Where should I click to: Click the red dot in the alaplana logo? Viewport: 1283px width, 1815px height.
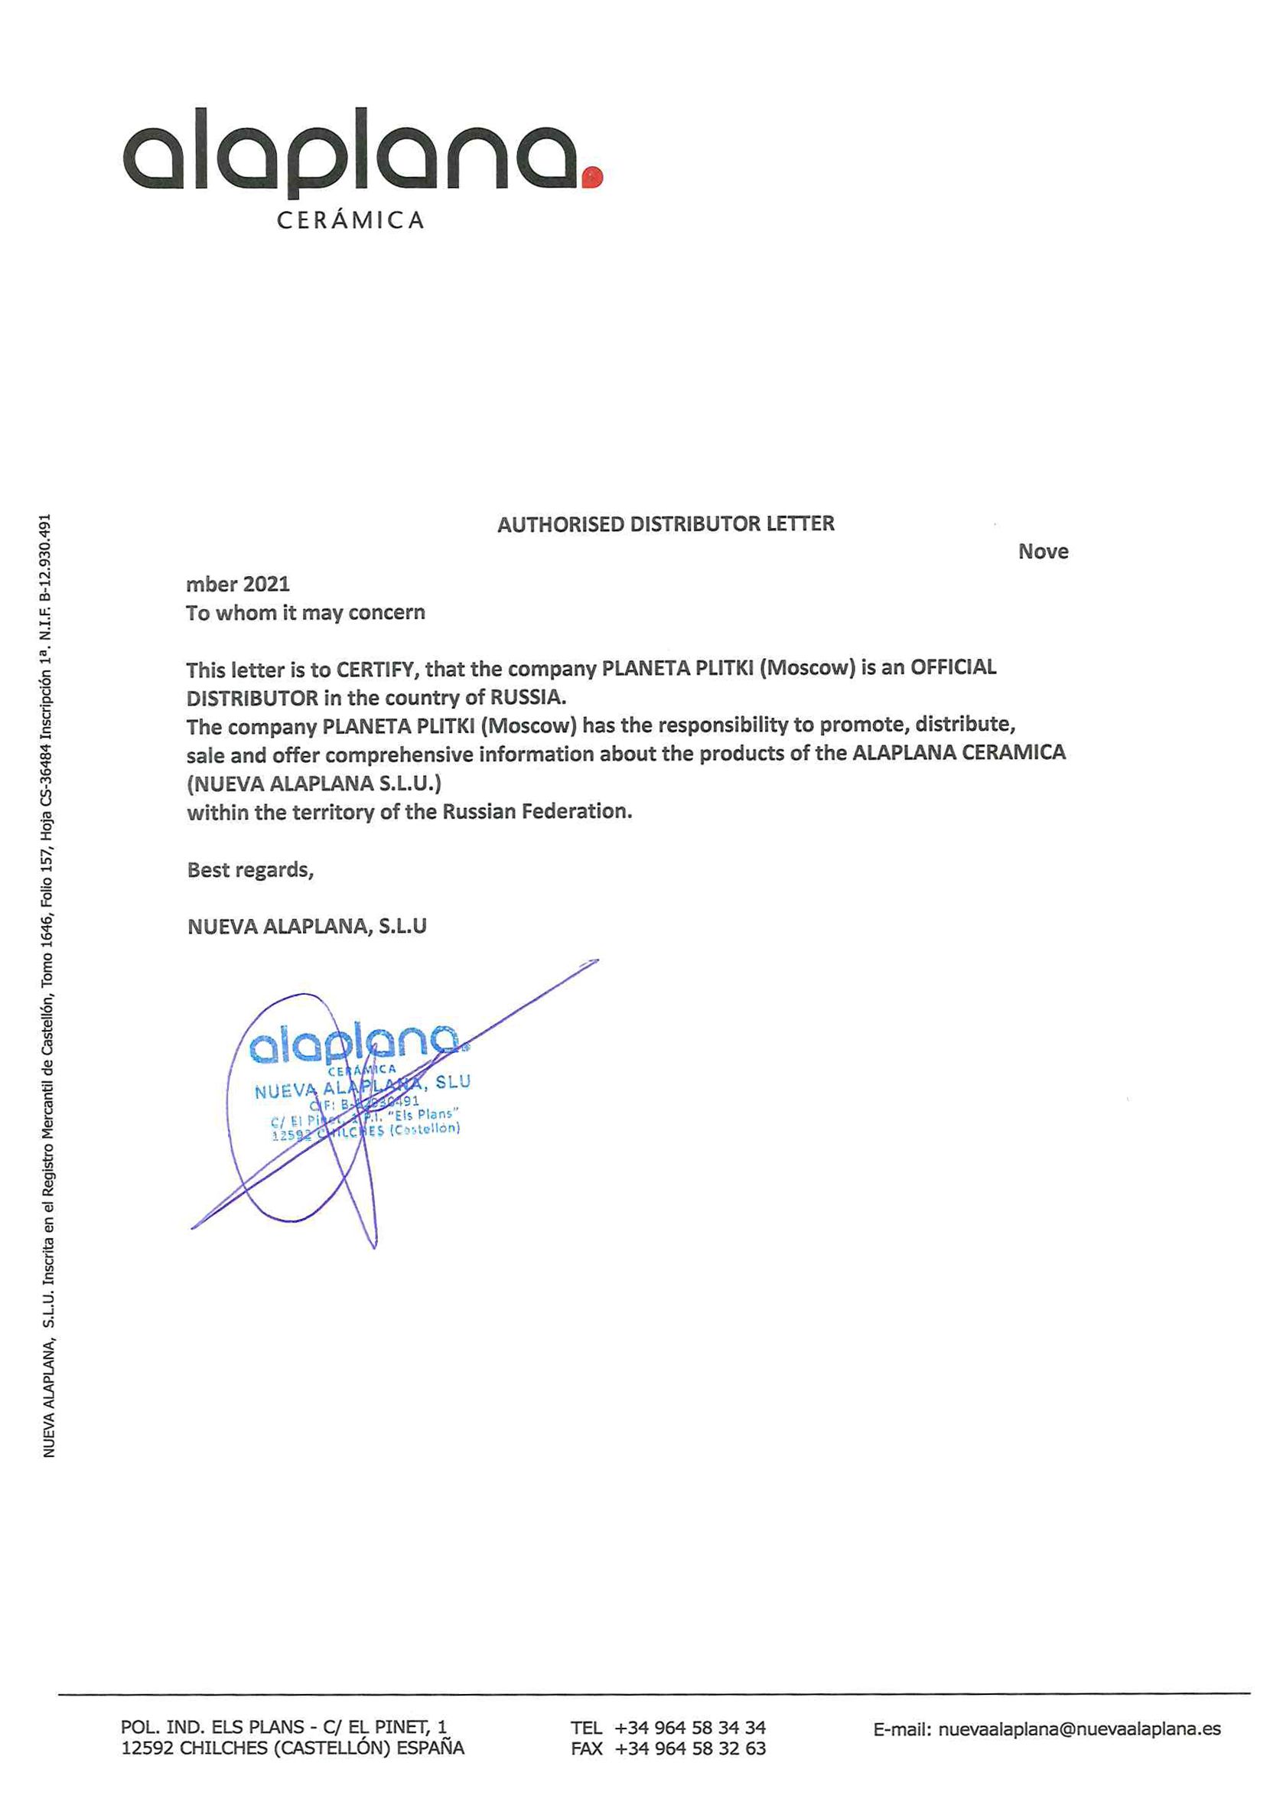coord(592,177)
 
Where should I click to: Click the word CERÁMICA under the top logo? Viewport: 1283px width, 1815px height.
coord(350,220)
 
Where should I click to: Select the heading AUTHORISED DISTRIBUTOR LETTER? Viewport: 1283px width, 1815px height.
coord(666,524)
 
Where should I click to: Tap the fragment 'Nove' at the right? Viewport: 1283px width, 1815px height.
coord(1043,552)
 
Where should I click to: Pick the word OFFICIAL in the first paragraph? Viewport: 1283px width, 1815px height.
coord(953,667)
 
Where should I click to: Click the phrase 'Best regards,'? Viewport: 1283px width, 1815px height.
coord(250,869)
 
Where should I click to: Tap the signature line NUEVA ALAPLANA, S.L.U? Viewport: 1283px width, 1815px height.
coord(307,927)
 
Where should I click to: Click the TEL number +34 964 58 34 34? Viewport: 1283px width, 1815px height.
coord(690,1727)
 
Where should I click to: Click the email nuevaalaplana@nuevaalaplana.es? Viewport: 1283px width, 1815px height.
coord(1079,1729)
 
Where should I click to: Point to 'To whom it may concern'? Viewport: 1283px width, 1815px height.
coord(305,613)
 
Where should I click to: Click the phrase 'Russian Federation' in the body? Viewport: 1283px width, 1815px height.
coord(537,811)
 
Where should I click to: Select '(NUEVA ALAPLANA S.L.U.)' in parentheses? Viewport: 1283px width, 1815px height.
coord(314,784)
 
